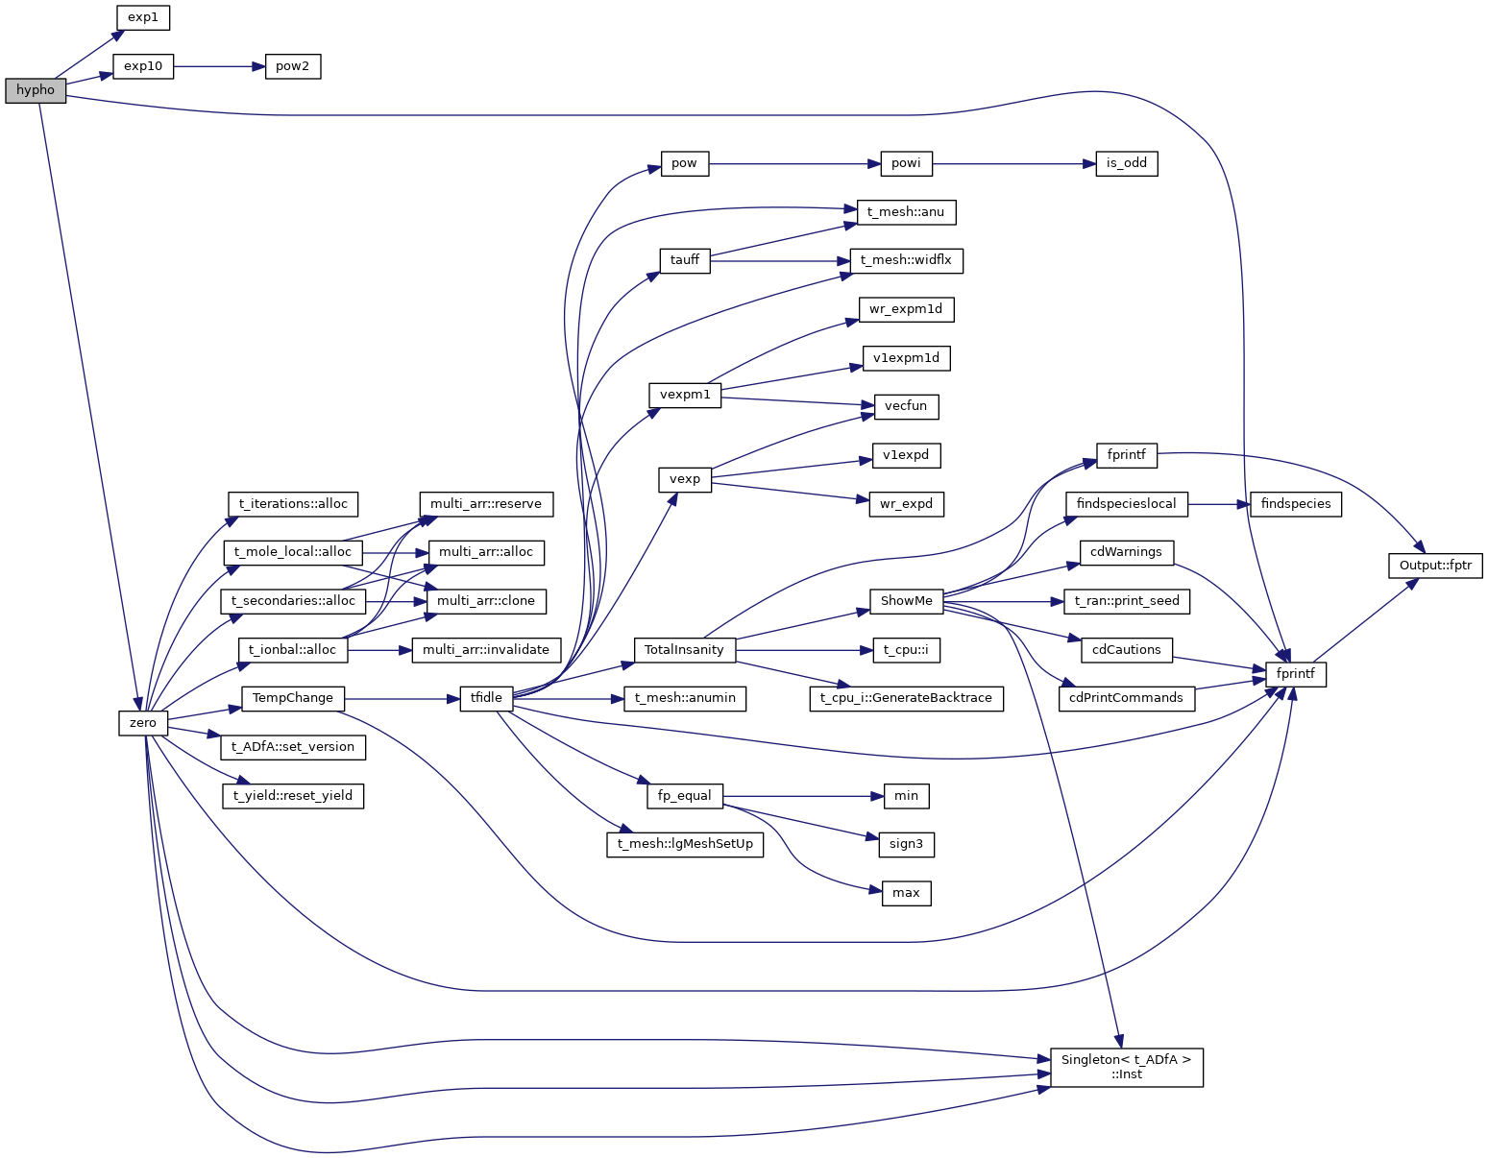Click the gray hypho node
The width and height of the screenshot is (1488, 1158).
36,91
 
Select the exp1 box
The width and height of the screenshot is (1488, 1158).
143,17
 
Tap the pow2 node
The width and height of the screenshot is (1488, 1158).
293,67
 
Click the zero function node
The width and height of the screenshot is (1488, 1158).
143,723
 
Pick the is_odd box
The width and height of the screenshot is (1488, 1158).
1127,163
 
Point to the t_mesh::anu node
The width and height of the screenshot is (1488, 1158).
906,212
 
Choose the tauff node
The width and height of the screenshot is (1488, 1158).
685,260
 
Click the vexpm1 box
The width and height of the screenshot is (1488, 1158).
685,395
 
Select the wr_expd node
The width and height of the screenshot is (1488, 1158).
906,504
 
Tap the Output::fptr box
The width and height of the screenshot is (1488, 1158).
1435,566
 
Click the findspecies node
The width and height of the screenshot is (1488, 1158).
1296,504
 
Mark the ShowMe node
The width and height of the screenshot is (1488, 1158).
906,601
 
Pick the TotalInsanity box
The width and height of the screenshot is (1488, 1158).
684,650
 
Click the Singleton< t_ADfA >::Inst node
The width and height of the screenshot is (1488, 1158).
1126,1067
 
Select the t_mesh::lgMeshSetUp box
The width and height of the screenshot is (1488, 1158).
685,844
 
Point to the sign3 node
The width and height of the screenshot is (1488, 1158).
906,844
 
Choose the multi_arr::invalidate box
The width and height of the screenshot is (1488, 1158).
486,650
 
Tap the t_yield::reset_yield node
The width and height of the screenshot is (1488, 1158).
293,796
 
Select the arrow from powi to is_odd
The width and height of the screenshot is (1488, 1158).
1013,163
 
